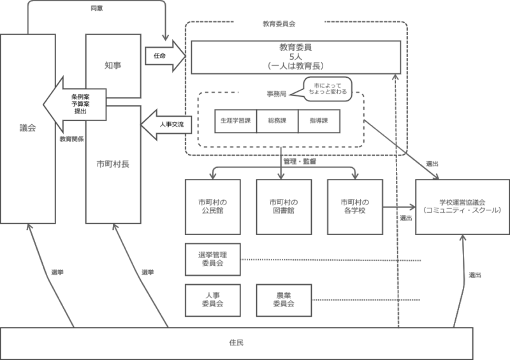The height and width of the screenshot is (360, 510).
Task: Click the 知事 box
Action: [x=112, y=66]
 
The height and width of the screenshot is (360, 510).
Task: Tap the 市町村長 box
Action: [x=112, y=164]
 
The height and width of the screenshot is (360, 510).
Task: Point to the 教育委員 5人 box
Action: [x=295, y=57]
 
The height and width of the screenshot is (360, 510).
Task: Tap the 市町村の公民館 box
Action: [x=213, y=206]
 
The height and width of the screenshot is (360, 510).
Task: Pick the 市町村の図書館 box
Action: [x=284, y=206]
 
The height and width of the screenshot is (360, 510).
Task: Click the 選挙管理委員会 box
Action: [x=213, y=259]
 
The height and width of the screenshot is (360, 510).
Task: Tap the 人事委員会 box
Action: [x=213, y=299]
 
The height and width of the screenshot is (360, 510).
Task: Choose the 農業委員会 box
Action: [x=284, y=299]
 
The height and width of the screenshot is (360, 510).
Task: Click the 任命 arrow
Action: [x=163, y=56]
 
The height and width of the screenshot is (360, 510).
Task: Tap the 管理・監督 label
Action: [x=300, y=162]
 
